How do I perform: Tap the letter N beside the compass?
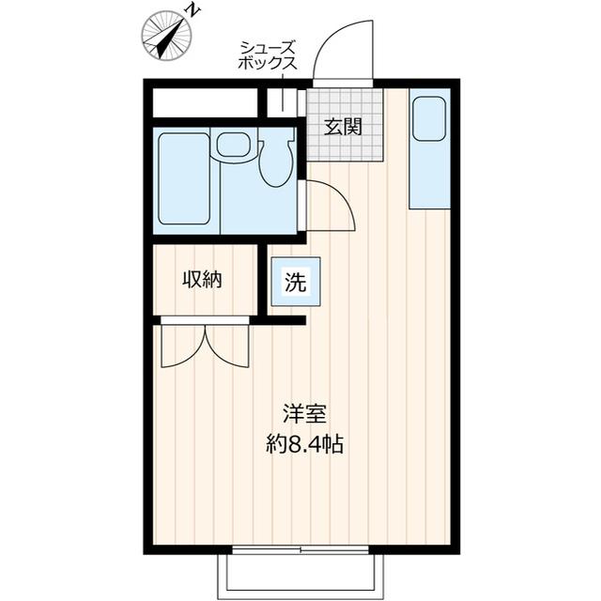tap(192, 10)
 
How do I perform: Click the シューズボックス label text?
tap(268, 55)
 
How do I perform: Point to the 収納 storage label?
tap(202, 279)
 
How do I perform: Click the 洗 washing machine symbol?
tap(295, 282)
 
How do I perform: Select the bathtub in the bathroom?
tap(183, 178)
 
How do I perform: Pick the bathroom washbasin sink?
tap(232, 145)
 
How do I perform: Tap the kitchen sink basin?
tap(429, 117)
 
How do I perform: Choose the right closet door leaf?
tap(228, 346)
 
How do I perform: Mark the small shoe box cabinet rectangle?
tap(282, 102)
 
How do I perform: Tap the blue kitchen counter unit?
tap(429, 150)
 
